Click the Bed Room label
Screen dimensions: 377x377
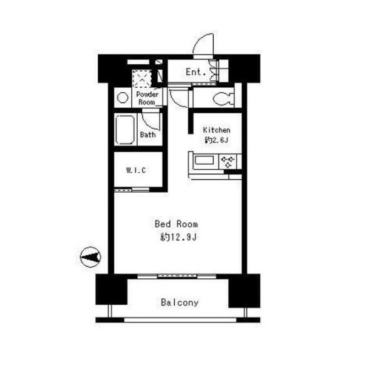(x=176, y=224)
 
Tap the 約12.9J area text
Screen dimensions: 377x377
(x=178, y=237)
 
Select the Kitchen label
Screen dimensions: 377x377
(x=217, y=130)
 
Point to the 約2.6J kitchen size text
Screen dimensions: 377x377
(x=216, y=140)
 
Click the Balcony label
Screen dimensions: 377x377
(x=180, y=302)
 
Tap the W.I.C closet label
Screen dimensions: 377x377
(x=136, y=170)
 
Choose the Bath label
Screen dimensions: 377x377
(x=148, y=135)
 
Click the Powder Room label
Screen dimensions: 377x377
(x=147, y=98)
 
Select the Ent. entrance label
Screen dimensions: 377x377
(x=196, y=72)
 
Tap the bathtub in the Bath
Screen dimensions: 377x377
(x=125, y=130)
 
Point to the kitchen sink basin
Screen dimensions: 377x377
(x=204, y=161)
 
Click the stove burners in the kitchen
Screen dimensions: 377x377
(x=228, y=162)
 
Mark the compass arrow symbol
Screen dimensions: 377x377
(x=90, y=257)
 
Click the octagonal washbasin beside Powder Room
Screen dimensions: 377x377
(x=123, y=98)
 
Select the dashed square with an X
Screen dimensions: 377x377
(x=142, y=79)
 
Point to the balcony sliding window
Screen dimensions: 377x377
(x=177, y=276)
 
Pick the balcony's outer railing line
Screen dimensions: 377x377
(x=180, y=320)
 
